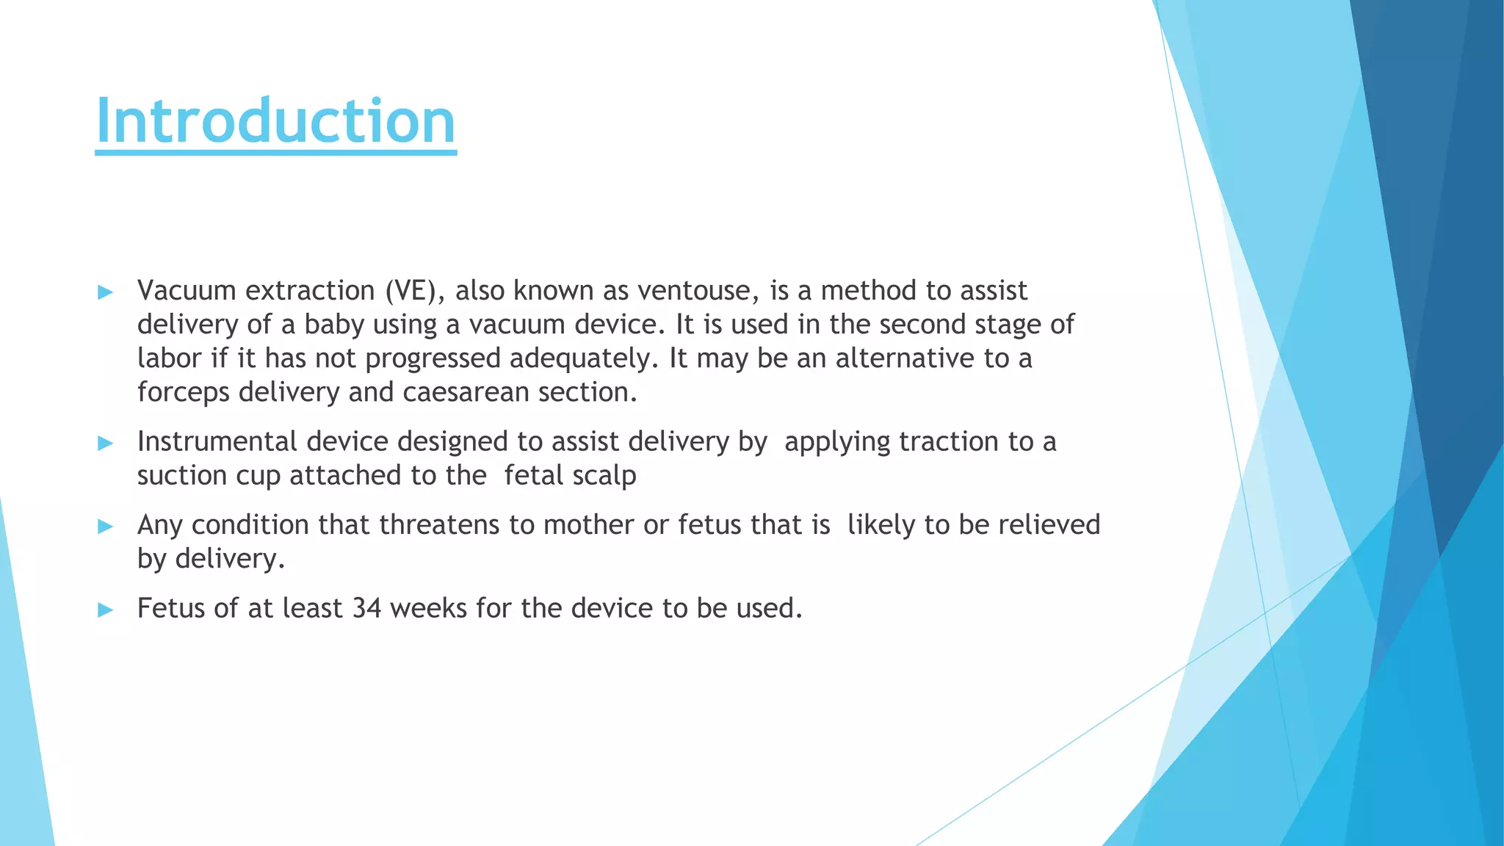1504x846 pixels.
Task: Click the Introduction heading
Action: point(275,121)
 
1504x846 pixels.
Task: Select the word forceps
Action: point(184,393)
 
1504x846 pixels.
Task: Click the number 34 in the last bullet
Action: point(366,609)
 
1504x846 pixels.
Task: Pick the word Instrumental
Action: point(217,442)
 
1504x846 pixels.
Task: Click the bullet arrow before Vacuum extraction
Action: point(106,293)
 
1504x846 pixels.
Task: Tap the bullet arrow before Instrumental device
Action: point(106,444)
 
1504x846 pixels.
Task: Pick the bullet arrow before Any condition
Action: point(106,527)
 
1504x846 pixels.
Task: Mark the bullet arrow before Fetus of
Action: point(106,610)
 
